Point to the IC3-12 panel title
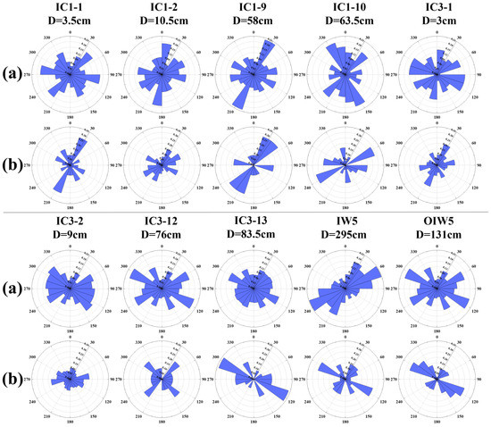(x=162, y=222)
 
